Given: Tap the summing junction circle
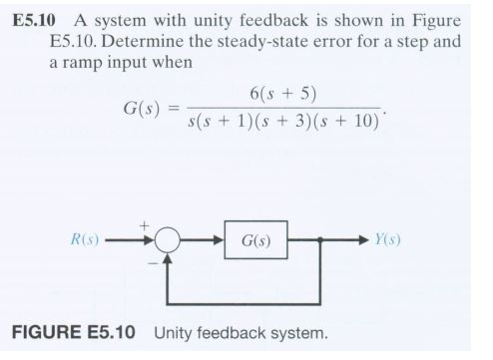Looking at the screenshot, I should click(169, 241).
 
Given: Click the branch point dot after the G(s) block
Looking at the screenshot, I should click(318, 241).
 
